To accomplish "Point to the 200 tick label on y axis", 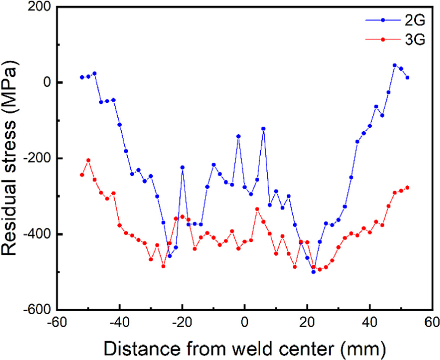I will click(41, 7).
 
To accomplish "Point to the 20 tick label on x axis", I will click(307, 323).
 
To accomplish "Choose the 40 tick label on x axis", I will click(370, 323).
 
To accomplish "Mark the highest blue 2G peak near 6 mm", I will click(263, 129).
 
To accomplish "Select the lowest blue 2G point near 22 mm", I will click(313, 272).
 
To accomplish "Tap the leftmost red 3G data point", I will click(82, 175).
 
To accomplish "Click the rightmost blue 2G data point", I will click(407, 78).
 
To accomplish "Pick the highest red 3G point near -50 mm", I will click(88, 160).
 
